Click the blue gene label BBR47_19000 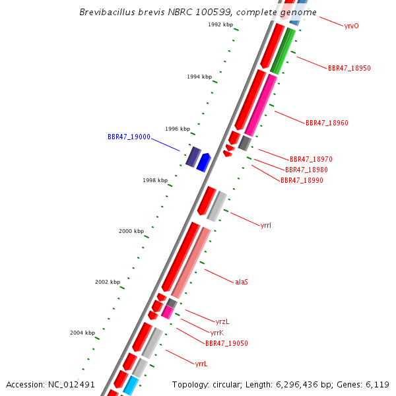(x=129, y=137)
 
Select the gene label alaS (x=242, y=282)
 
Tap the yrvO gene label (x=352, y=26)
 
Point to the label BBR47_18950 (x=349, y=68)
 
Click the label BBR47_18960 (x=327, y=123)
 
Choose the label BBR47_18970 (x=311, y=159)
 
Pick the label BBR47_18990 (x=302, y=180)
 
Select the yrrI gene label (x=266, y=225)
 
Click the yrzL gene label (x=222, y=321)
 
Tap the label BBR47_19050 (x=226, y=343)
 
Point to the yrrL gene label (x=201, y=364)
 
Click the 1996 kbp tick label (x=178, y=129)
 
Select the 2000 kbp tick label (x=131, y=231)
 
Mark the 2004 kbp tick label (x=82, y=333)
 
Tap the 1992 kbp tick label (x=220, y=24)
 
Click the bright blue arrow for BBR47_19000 (x=203, y=162)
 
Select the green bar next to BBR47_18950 (x=282, y=51)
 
